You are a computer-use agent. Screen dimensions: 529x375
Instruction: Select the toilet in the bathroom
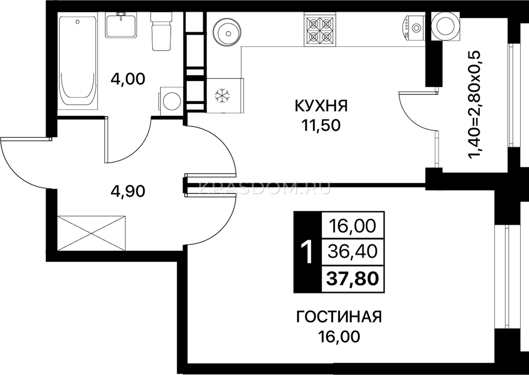click(161, 31)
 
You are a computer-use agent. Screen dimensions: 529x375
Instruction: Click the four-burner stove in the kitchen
click(320, 29)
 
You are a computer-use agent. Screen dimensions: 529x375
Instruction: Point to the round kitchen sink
click(227, 33)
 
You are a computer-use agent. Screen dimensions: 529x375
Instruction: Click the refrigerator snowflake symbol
click(222, 95)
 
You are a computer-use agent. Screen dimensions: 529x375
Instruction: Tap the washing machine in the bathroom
click(172, 101)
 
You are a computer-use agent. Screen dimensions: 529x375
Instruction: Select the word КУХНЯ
click(321, 106)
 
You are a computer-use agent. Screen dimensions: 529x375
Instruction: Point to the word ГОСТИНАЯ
click(339, 317)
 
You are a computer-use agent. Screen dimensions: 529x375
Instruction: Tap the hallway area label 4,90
click(128, 191)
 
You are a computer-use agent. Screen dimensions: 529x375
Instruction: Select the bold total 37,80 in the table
click(353, 279)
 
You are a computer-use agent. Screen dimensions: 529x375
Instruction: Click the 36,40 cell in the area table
click(353, 251)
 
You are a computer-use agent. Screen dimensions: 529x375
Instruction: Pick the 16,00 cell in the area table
click(353, 226)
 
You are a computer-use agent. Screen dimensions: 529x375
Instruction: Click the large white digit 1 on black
click(307, 252)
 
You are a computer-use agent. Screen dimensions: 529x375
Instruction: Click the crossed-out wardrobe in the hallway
click(91, 233)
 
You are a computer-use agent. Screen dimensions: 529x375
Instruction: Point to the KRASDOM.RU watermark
click(265, 188)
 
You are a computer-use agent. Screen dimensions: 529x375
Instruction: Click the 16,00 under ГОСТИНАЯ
click(339, 337)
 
